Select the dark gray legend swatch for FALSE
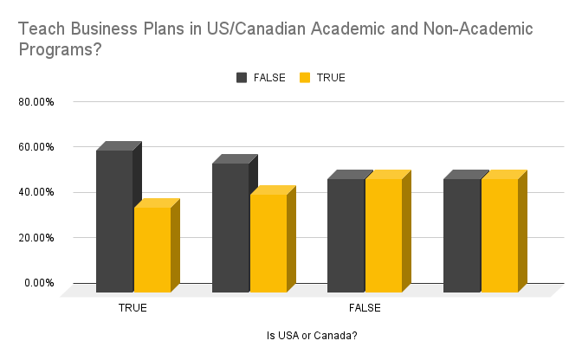click(242, 77)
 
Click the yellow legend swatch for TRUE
click(304, 77)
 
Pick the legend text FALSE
click(269, 77)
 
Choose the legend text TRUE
click(331, 77)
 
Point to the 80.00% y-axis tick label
click(36, 101)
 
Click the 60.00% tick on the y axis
click(36, 146)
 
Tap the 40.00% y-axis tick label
click(36, 192)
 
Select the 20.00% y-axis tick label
click(36, 237)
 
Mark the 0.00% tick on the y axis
click(39, 282)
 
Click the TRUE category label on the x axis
click(133, 307)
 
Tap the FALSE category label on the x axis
click(365, 307)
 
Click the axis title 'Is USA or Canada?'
click(313, 335)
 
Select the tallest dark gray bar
click(114, 221)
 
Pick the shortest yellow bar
click(152, 249)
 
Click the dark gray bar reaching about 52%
click(230, 227)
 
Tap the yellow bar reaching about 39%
click(268, 243)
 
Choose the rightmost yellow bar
click(500, 235)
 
